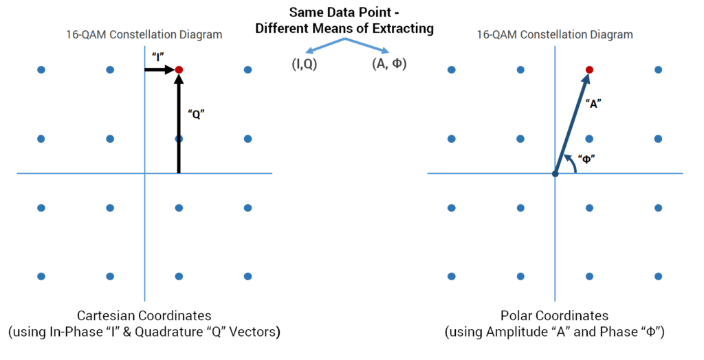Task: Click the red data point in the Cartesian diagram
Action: [179, 70]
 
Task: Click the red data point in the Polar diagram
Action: [589, 70]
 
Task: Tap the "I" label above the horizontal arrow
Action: [157, 57]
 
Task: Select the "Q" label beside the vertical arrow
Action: [195, 115]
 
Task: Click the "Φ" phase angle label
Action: [586, 158]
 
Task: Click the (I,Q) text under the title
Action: [302, 65]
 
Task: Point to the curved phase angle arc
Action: [570, 163]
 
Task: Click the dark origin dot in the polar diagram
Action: [555, 173]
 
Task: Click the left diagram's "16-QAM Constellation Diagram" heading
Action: [144, 34]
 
